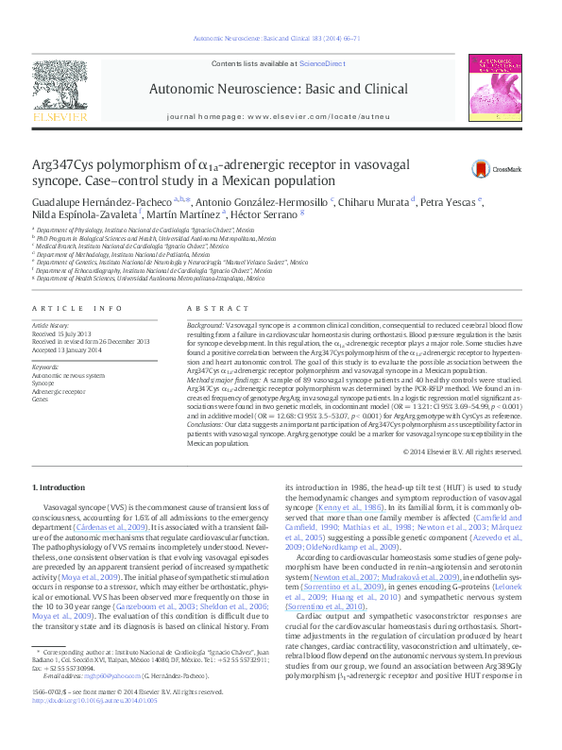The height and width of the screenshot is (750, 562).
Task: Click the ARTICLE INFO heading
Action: click(x=77, y=309)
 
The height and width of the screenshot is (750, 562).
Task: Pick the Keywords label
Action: click(x=46, y=366)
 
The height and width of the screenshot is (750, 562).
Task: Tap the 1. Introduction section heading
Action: click(x=59, y=487)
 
